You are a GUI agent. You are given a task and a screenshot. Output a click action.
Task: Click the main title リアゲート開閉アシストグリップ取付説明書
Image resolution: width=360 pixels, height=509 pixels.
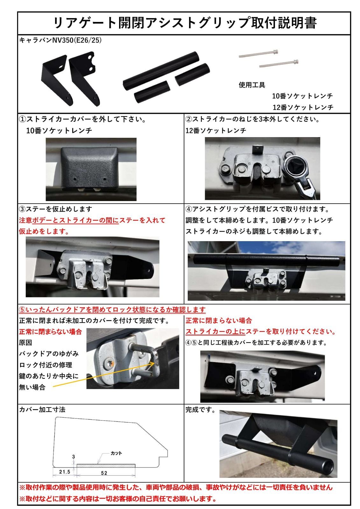tap(185, 23)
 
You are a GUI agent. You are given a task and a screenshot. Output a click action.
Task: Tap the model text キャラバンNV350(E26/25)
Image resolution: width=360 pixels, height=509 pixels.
tap(60, 40)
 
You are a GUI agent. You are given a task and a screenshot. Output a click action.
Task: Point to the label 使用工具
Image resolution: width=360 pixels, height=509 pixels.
tap(252, 85)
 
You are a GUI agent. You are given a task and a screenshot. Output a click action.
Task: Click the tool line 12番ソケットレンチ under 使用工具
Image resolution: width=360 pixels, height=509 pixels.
tap(303, 107)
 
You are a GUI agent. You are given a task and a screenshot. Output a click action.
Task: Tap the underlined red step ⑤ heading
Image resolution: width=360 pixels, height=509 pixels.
tap(112, 310)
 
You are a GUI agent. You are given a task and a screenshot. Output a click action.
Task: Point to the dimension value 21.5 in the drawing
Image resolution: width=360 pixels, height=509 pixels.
tap(65, 472)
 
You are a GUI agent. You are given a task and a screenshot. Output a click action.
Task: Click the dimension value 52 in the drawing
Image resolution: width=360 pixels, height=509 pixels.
tap(104, 473)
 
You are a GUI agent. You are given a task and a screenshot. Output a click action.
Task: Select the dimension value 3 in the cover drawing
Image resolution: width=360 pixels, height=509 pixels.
tap(74, 457)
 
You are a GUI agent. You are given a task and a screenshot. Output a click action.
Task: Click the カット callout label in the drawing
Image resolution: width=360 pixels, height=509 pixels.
tap(116, 453)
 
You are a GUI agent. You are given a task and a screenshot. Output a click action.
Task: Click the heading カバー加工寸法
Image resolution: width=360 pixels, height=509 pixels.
tap(42, 410)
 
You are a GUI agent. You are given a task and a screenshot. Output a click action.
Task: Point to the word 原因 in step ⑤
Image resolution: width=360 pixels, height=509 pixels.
tap(26, 343)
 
